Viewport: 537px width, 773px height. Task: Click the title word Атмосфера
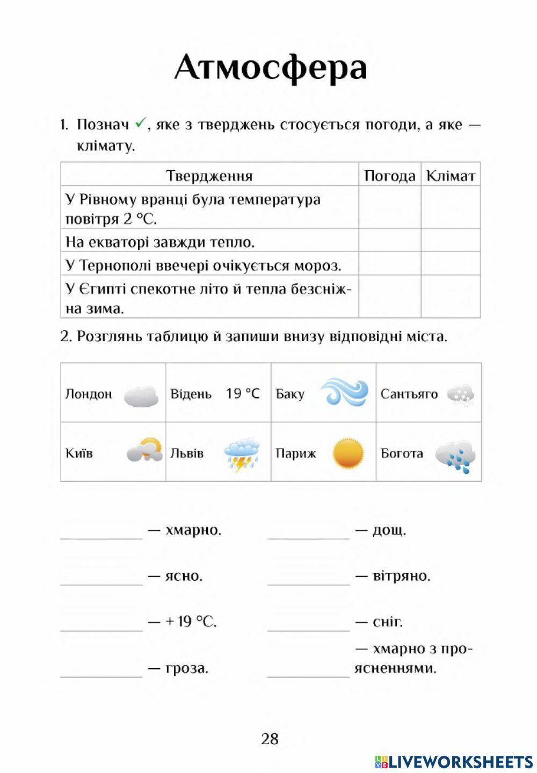(x=270, y=68)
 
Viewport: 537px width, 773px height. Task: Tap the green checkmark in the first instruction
(x=140, y=124)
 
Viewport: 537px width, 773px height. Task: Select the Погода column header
(x=389, y=176)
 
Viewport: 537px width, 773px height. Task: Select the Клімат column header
(x=450, y=176)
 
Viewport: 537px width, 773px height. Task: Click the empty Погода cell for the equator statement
(x=389, y=240)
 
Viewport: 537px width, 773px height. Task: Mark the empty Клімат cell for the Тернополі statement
(x=450, y=264)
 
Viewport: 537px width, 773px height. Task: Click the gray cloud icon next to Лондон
(x=141, y=396)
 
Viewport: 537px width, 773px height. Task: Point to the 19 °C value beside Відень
(x=243, y=394)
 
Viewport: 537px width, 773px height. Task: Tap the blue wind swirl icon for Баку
(x=344, y=392)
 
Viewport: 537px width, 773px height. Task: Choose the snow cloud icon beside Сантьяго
(x=460, y=395)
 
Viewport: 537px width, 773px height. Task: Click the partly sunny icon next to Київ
(x=144, y=450)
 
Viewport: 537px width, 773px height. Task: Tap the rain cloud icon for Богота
(x=455, y=457)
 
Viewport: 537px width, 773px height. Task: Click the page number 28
(x=270, y=739)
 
